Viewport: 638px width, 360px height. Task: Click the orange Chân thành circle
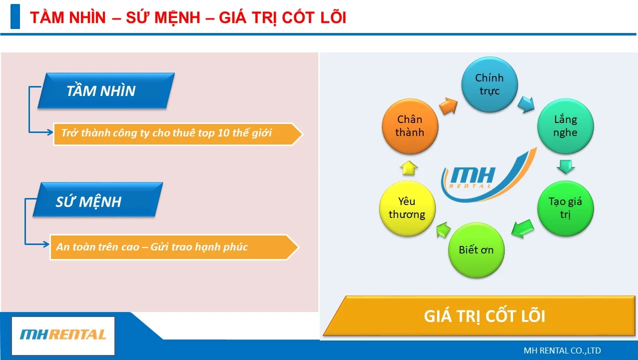click(x=410, y=126)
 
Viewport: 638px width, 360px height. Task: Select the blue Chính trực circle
click(x=490, y=84)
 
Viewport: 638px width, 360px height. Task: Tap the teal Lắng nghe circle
click(x=566, y=126)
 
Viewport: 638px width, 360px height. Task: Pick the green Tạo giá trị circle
click(x=566, y=208)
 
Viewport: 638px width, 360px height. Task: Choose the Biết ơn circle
click(x=476, y=250)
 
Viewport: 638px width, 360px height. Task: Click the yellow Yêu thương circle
click(x=407, y=208)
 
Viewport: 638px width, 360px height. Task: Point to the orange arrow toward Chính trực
click(x=448, y=105)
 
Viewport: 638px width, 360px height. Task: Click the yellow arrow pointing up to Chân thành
click(x=409, y=167)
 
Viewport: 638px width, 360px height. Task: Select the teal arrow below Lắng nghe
click(x=566, y=166)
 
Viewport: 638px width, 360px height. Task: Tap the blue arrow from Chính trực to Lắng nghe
click(x=526, y=104)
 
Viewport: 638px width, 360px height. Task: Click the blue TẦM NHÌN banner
click(x=106, y=90)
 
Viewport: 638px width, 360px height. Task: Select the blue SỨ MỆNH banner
click(x=98, y=199)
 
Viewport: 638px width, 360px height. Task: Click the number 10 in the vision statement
click(x=223, y=133)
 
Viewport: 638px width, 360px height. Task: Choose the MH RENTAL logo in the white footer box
click(x=63, y=334)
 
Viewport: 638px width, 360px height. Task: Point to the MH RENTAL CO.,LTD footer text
click(x=562, y=350)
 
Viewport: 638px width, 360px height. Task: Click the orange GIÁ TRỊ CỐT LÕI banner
click(x=480, y=315)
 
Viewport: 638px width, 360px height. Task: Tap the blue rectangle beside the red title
click(x=15, y=16)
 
